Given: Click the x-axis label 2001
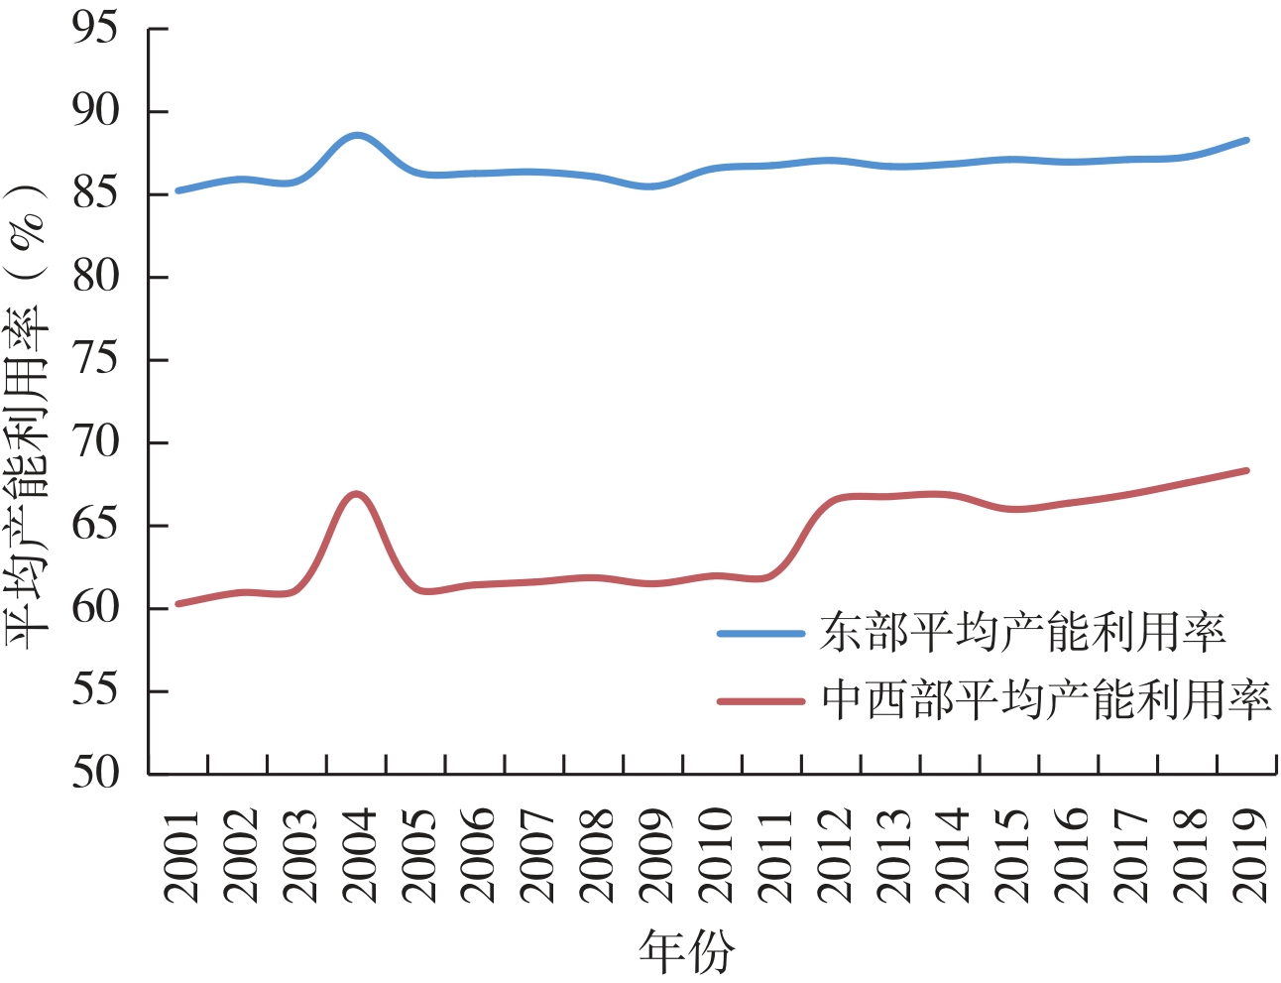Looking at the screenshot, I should tap(181, 855).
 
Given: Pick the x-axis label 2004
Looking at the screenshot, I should tap(359, 855).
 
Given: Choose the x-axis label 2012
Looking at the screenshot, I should tap(834, 855).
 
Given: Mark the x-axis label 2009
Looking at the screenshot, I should tap(655, 855).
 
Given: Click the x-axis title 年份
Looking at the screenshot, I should tap(686, 951).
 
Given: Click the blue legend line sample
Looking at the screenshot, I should tap(760, 633).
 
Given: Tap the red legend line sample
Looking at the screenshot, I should tap(760, 701).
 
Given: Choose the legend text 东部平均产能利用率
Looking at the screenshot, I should tap(1022, 633).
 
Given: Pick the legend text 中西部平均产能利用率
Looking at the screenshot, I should tap(1046, 701).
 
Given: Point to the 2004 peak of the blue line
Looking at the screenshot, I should tap(356, 134).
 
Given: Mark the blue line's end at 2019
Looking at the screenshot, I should tap(1246, 140).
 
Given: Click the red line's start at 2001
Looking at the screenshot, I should tap(177, 603).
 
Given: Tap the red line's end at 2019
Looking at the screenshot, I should tap(1246, 470).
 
